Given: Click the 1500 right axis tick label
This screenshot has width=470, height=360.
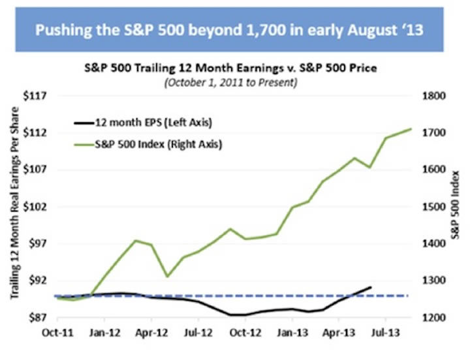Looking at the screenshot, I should click(433, 207).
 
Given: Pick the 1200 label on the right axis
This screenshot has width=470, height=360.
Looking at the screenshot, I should click(433, 318).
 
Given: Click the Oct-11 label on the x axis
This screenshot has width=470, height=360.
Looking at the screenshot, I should click(57, 331).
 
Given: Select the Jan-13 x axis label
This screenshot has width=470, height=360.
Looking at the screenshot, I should click(290, 331).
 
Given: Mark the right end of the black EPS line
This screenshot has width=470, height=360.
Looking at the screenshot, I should click(371, 287).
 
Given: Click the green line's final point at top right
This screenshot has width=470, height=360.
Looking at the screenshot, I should click(411, 128).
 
